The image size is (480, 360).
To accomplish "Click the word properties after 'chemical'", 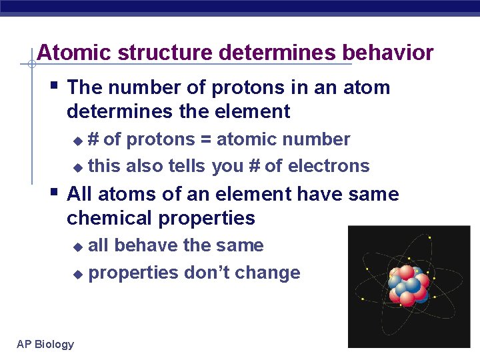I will [207, 218].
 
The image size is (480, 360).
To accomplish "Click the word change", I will [272, 273].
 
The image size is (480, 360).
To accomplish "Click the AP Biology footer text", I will [45, 344].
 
